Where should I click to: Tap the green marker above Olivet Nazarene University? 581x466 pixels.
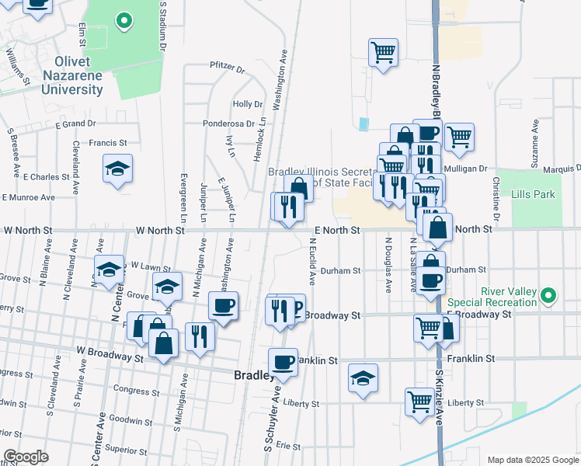pos(124,21)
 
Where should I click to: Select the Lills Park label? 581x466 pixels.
pos(534,194)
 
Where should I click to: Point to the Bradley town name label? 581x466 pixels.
pos(253,374)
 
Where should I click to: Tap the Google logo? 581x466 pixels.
pos(25,457)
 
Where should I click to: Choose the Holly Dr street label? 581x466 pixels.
pos(249,104)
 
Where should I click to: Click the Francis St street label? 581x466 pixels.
pos(107,143)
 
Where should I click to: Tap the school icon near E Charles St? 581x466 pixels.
pos(117,169)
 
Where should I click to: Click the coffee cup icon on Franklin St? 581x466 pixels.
pos(283,361)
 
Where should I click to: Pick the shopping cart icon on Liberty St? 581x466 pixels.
pos(419,402)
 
